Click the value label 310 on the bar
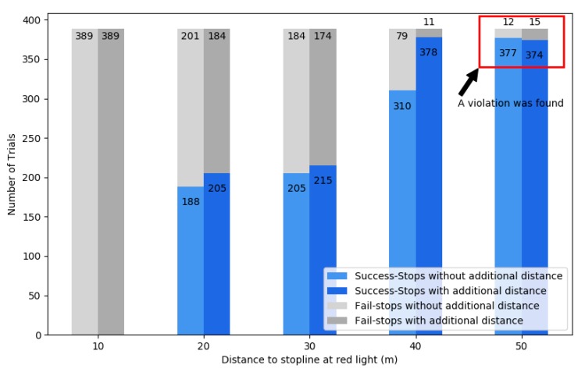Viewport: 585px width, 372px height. (401, 106)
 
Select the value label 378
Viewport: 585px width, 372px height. (428, 52)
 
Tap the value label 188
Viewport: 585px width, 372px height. (191, 202)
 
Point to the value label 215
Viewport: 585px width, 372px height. (323, 180)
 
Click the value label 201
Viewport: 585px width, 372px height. (191, 36)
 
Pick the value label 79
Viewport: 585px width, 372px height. (401, 36)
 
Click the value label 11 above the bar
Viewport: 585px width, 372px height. (429, 22)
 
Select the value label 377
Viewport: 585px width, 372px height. (508, 53)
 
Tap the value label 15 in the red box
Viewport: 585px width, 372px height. (534, 22)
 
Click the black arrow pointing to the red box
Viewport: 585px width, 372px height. (469, 82)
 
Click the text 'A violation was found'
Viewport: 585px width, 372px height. (510, 103)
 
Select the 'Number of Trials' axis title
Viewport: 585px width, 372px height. (12, 174)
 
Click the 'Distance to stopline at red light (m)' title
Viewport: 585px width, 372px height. (309, 360)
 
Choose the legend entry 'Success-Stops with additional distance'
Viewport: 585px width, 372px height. (458, 291)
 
